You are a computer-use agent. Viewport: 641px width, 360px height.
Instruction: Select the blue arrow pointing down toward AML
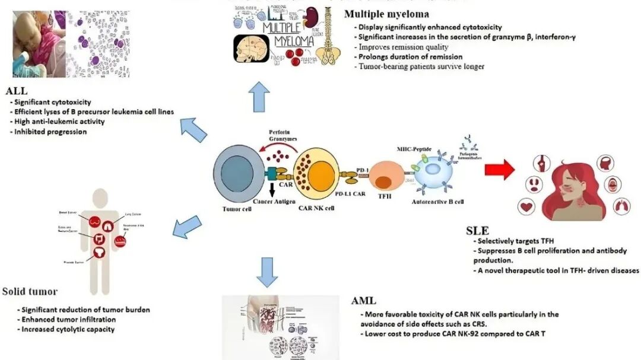[x=269, y=272]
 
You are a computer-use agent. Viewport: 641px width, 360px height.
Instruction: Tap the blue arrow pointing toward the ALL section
[x=193, y=129]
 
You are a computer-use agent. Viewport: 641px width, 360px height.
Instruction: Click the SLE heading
[x=478, y=230]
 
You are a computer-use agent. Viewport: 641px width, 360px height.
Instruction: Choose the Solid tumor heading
[x=30, y=291]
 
